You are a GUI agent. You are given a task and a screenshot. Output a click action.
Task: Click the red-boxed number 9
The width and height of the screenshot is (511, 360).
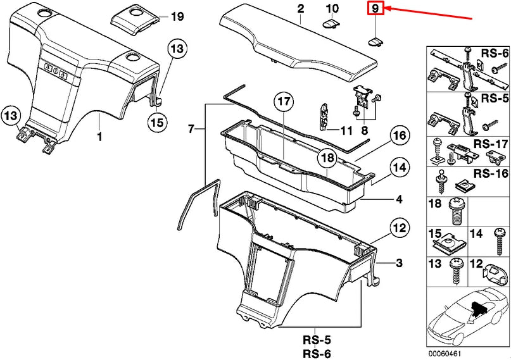tap(375, 9)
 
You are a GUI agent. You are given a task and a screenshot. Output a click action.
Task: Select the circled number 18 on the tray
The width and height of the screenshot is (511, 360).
tap(327, 158)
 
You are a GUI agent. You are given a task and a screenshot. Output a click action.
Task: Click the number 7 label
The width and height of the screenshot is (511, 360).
tap(191, 129)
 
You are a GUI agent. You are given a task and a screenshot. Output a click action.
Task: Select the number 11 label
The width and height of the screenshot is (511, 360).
tap(345, 131)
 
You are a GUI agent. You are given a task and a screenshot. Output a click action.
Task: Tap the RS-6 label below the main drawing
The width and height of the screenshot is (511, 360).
tap(317, 353)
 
